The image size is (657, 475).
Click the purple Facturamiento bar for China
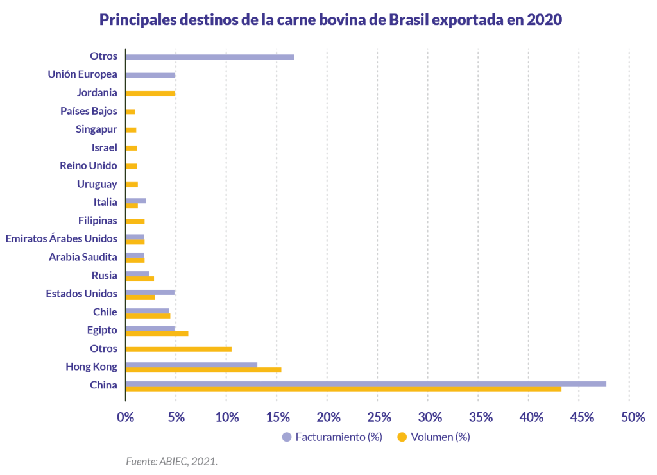366,383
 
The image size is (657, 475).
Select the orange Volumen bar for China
343,388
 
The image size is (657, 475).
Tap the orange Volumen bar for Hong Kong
203,370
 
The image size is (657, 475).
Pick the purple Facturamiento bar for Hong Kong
191,365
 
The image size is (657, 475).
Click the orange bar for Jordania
150,93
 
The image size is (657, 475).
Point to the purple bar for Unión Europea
150,75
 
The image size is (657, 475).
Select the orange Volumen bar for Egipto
157,333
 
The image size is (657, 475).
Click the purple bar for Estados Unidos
150,292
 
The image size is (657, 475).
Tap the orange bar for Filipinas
135,221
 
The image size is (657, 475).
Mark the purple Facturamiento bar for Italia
136,201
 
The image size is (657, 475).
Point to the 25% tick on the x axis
379,417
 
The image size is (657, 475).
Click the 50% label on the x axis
632,417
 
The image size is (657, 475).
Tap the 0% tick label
125,417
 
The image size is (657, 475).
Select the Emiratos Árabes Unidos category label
61,238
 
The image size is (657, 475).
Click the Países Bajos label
89,111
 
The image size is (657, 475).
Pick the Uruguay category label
97,184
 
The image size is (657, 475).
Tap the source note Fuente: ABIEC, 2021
171,460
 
